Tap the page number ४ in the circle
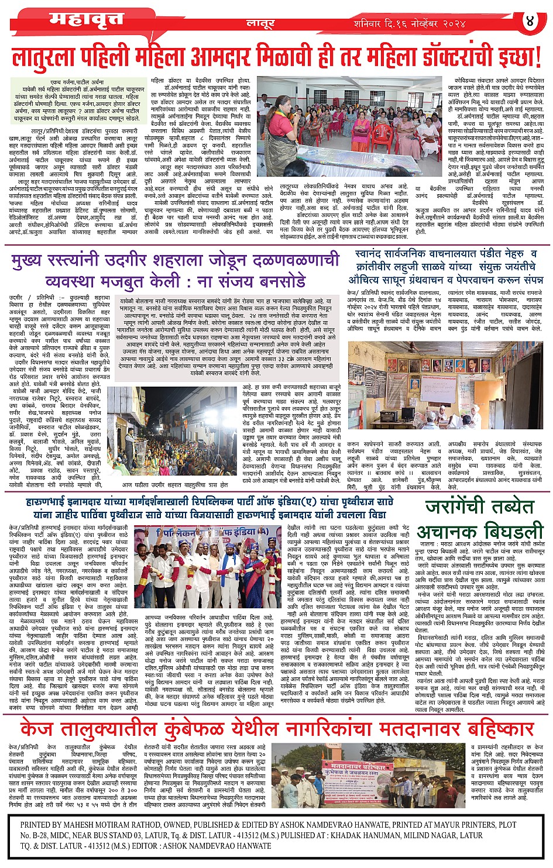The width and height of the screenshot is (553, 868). (x=530, y=20)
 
